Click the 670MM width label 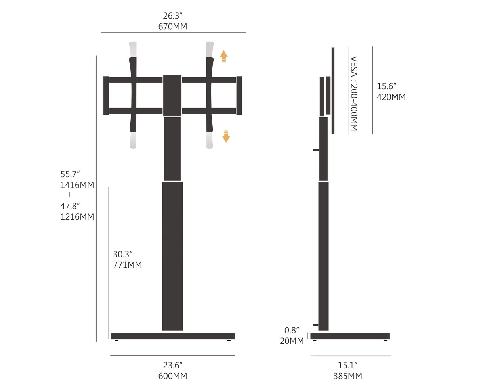(173, 27)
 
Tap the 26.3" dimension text (173, 15)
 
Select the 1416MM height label (77, 185)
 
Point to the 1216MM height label (77, 216)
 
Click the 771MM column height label (128, 265)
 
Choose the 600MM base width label (173, 376)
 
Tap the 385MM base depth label (347, 376)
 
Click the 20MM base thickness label (292, 341)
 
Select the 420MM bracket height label (391, 97)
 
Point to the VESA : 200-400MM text (354, 94)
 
